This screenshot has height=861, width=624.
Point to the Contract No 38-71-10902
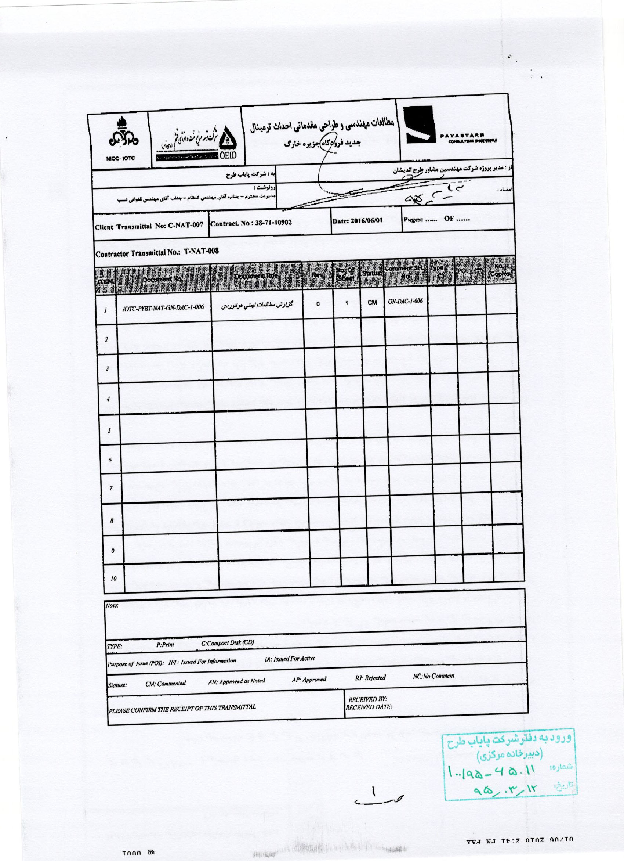[x=251, y=223]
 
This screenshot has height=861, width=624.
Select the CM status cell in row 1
[x=372, y=303]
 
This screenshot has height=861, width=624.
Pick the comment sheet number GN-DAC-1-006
[x=405, y=301]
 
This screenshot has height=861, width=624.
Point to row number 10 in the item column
[x=113, y=579]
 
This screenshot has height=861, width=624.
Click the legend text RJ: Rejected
[x=371, y=677]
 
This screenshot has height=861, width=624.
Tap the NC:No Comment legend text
[x=433, y=676]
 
